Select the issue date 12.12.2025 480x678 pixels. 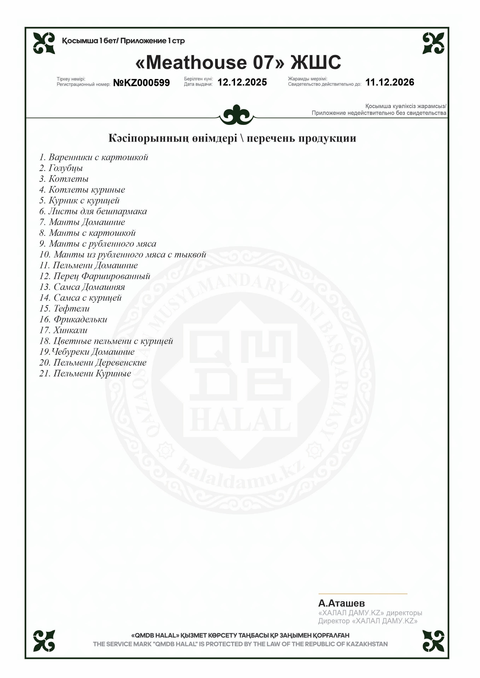tap(242, 82)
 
